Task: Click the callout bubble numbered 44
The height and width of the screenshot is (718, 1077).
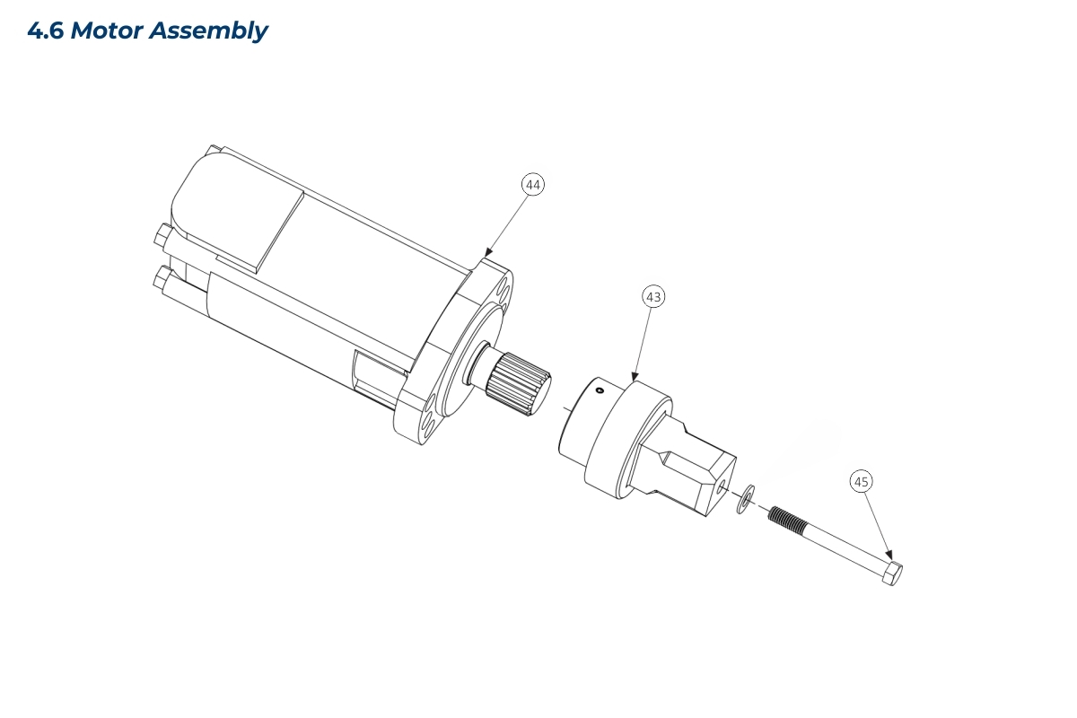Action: point(533,185)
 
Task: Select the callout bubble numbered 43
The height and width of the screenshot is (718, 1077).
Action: point(653,297)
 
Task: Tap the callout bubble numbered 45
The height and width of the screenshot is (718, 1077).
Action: point(861,481)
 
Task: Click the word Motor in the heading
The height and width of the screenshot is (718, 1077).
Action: point(107,31)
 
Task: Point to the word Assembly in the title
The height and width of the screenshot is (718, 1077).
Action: point(208,31)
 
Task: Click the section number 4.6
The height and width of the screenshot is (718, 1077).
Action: point(46,31)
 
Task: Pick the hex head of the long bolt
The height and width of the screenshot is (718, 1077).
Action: point(892,574)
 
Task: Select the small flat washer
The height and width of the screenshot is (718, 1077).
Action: point(745,499)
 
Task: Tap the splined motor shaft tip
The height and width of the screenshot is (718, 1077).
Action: point(519,384)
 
